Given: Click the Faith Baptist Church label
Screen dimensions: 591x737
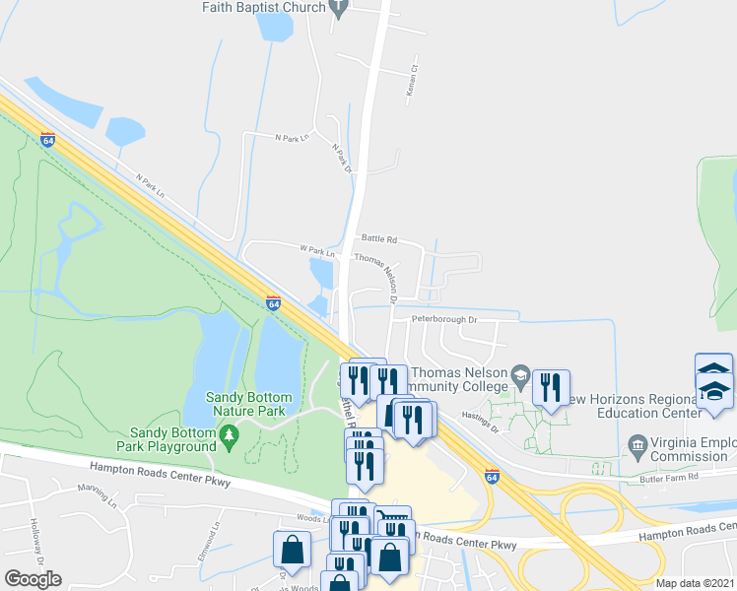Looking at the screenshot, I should click(263, 8).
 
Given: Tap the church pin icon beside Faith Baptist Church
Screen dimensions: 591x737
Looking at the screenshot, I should click(340, 9).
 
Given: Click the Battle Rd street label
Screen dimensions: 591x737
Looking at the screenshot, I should click(378, 239).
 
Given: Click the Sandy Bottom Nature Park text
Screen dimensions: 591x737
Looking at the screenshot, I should click(245, 404).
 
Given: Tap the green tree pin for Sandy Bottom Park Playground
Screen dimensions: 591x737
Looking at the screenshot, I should click(230, 434).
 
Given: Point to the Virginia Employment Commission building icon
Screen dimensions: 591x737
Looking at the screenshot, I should click(637, 448).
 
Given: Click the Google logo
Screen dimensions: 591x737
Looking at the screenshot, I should click(33, 579).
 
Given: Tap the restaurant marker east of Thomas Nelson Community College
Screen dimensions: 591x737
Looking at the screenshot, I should click(551, 387).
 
